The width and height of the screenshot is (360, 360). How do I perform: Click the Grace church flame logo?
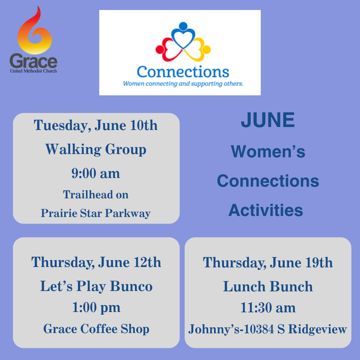(x=34, y=30)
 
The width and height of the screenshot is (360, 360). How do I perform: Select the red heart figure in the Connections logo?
(x=168, y=50)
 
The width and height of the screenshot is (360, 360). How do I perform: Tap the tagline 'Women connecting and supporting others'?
(x=183, y=84)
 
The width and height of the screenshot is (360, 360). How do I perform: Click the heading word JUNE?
(x=268, y=120)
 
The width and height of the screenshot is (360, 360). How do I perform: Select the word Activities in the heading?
(x=266, y=210)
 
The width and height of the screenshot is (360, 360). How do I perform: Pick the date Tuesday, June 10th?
(x=96, y=126)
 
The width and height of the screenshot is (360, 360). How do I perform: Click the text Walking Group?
(x=96, y=150)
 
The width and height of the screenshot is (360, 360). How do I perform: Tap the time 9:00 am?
(x=96, y=173)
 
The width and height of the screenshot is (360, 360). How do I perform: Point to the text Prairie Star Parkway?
(x=96, y=213)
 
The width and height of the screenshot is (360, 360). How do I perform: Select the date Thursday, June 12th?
(x=96, y=262)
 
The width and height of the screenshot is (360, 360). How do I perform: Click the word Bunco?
(x=131, y=286)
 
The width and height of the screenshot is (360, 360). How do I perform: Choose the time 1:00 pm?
(x=96, y=308)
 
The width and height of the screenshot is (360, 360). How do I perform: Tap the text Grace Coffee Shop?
(x=96, y=329)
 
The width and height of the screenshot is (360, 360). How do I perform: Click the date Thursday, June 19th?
(x=268, y=263)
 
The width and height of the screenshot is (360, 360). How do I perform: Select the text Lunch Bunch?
(x=268, y=287)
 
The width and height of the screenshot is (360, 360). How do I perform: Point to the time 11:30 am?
(x=268, y=308)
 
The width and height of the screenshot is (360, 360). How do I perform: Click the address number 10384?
(x=259, y=329)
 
